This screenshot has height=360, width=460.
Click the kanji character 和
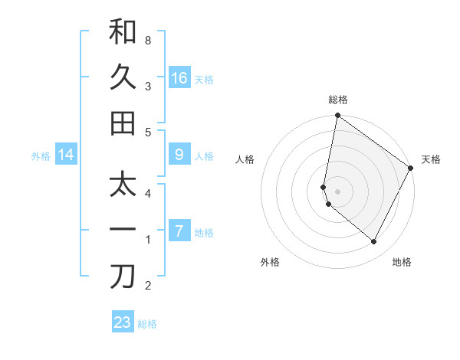123,32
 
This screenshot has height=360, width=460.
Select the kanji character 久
123,77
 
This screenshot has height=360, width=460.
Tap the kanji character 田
123,123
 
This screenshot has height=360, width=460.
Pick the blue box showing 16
179,78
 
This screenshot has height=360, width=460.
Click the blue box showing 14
66,155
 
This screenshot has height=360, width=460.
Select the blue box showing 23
123,322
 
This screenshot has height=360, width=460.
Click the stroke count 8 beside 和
147,39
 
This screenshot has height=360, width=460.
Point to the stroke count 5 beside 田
147,132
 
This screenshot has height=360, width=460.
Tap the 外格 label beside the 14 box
41,156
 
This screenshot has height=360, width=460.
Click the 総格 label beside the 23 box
148,324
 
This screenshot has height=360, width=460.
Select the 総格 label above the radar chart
338,100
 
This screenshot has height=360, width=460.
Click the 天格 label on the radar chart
431,159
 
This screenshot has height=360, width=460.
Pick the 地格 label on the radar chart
402,262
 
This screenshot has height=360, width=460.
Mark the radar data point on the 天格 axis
411,169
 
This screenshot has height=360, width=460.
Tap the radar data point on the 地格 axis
374,242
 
